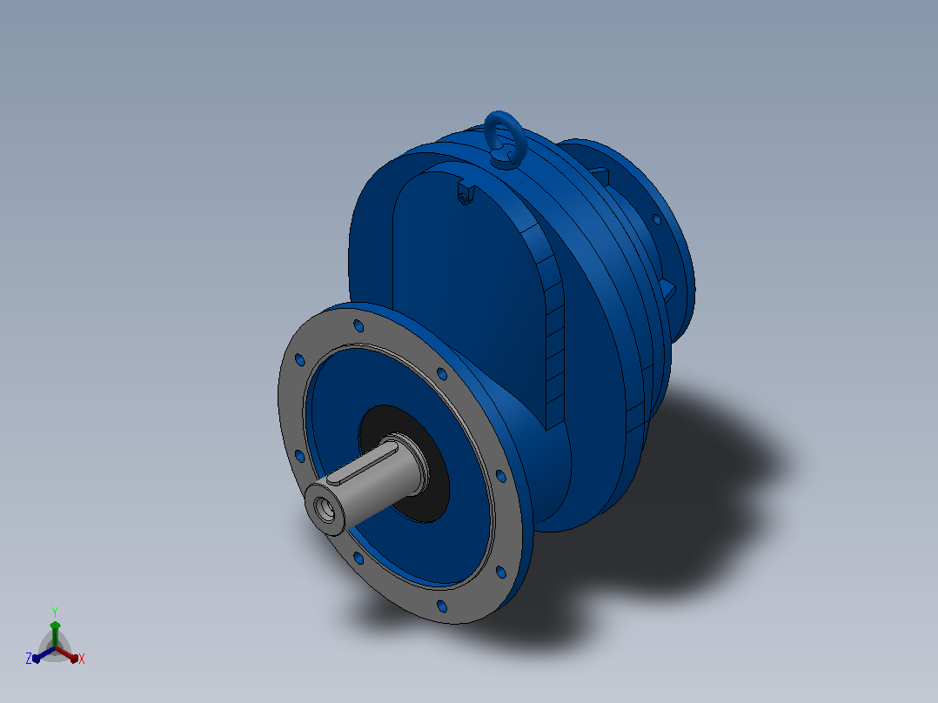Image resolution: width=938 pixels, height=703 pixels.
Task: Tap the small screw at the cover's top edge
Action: [464, 198]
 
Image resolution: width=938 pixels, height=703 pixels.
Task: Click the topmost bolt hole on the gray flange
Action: [358, 325]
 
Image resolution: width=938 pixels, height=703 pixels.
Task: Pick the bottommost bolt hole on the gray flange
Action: [442, 606]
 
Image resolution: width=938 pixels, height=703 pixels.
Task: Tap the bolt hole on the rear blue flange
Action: [656, 219]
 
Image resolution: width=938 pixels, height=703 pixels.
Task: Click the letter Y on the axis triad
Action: [55, 612]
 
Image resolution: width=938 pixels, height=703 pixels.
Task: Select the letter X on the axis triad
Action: [82, 659]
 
